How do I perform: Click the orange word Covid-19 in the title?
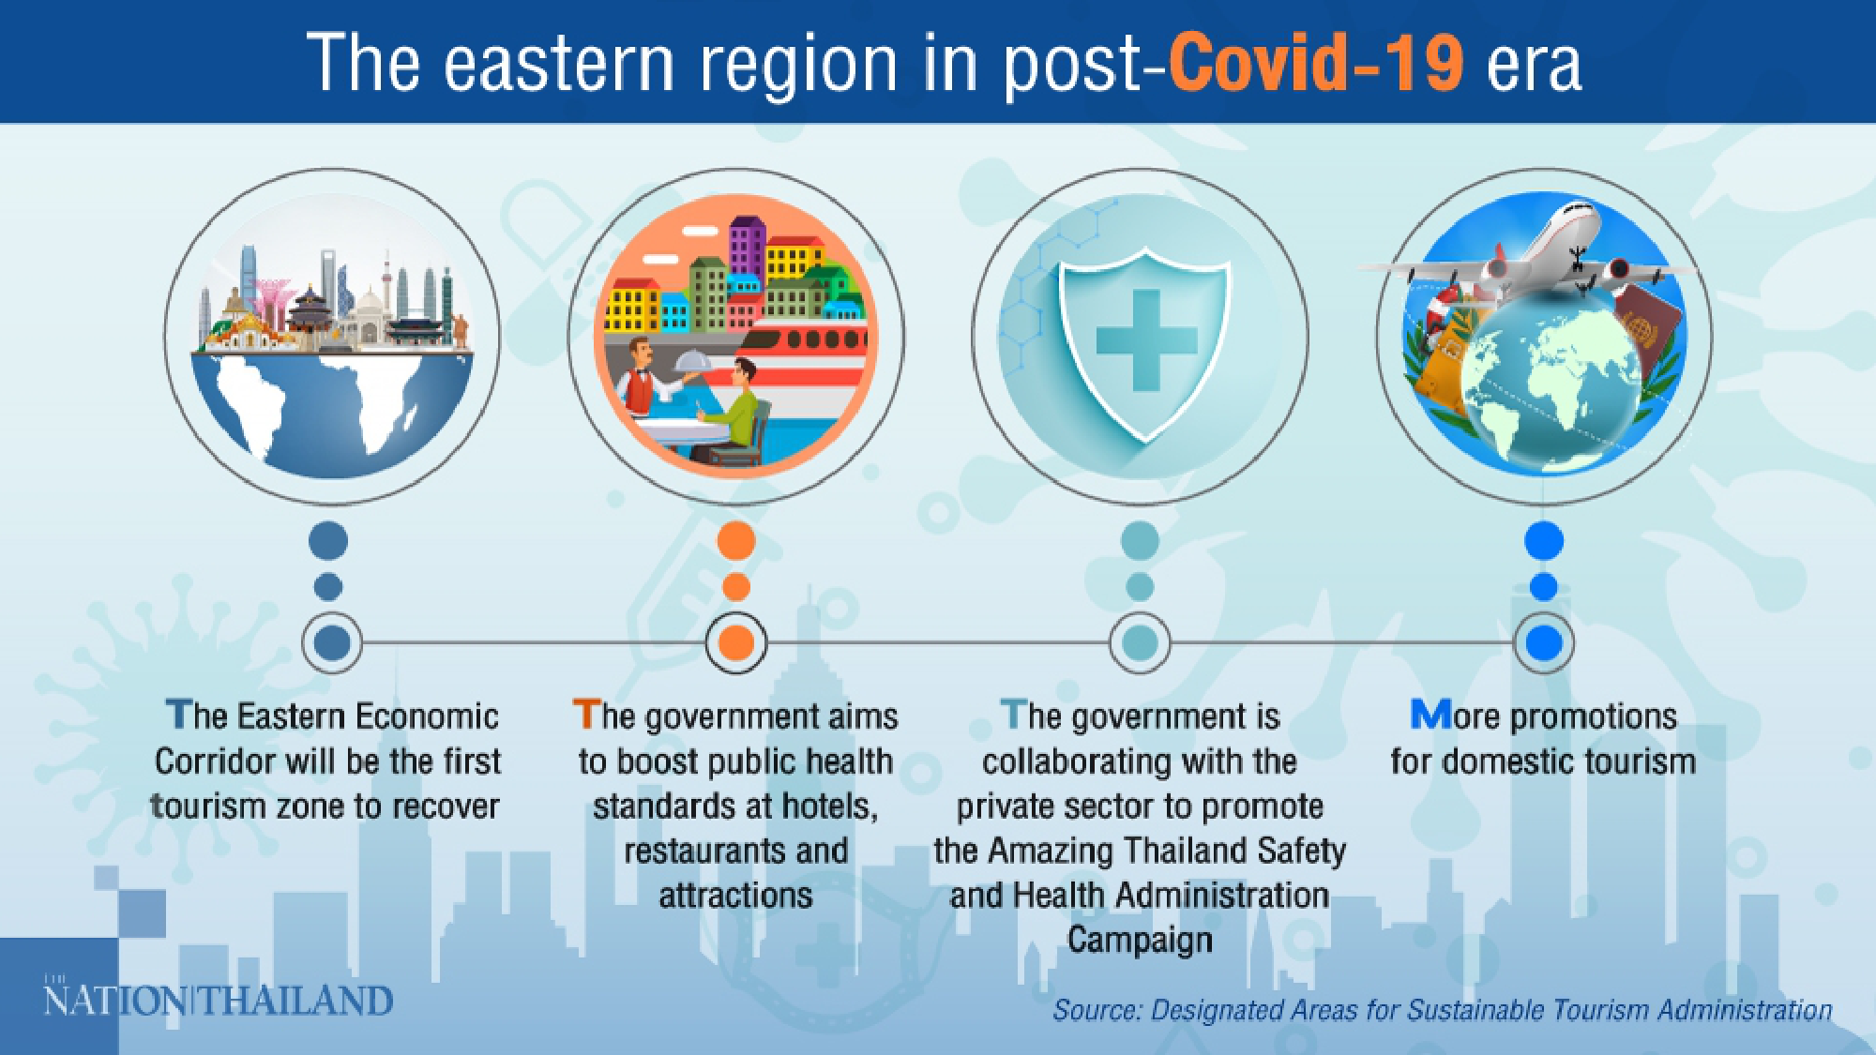coord(1314,64)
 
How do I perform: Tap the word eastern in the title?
coord(559,64)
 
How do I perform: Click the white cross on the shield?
coord(1145,339)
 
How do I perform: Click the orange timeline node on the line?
coord(736,643)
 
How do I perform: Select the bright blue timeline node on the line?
coord(1544,643)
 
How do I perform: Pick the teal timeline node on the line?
coord(1140,643)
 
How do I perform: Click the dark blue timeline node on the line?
coord(332,643)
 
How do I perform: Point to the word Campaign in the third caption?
coord(1140,940)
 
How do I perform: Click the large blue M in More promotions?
coord(1431,715)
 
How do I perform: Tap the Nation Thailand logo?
coord(218,1000)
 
